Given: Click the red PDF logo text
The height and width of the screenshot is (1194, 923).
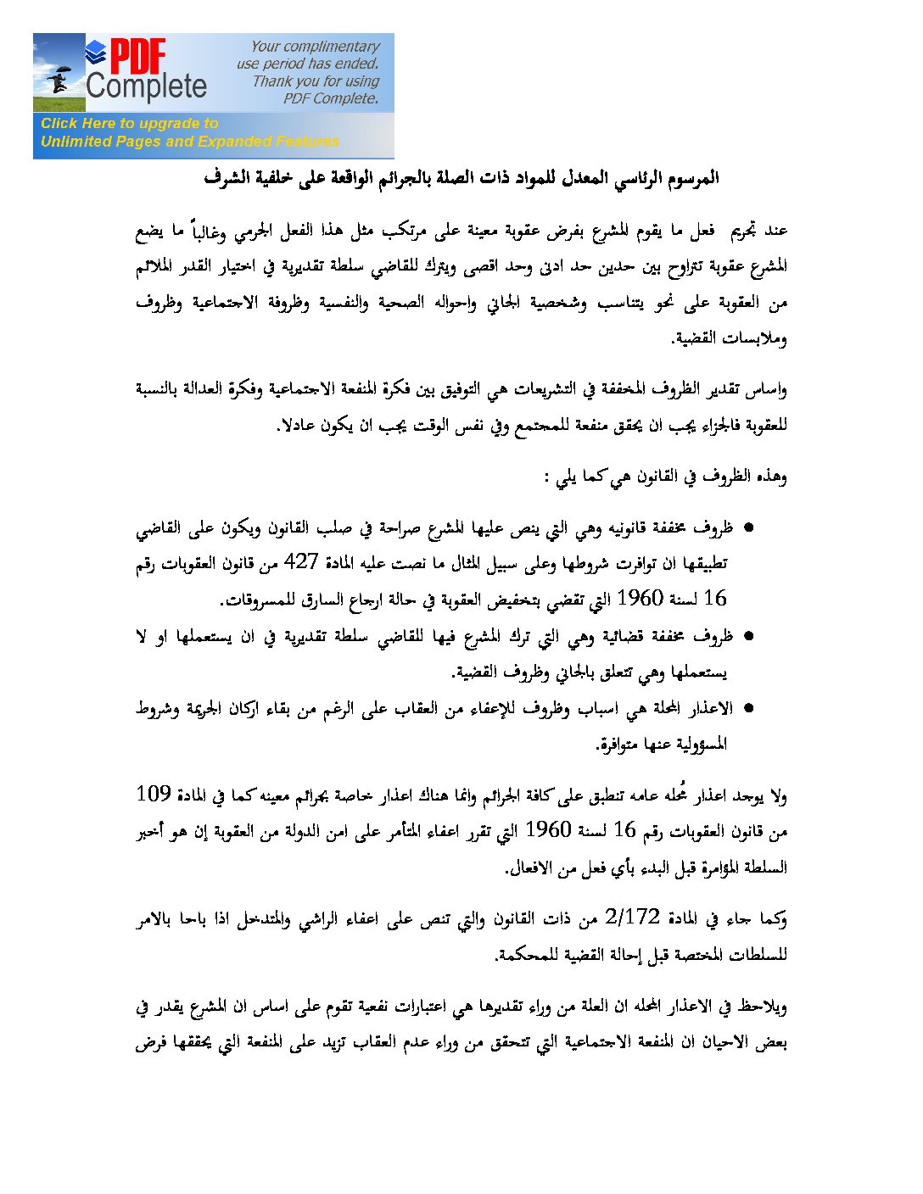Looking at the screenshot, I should point(137,56).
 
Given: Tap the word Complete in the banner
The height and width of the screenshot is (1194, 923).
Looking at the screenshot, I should point(146,86).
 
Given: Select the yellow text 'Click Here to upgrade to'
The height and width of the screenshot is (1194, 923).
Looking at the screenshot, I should point(129,123).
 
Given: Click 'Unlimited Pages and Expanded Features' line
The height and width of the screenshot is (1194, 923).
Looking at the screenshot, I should point(189,142).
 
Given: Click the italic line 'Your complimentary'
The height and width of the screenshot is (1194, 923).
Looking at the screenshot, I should point(315,47).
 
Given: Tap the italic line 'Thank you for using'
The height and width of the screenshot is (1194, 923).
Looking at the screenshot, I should point(316,81).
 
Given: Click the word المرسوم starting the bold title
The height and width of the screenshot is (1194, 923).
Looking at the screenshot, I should point(692,178).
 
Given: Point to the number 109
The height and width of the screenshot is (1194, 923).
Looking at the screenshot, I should point(154,794).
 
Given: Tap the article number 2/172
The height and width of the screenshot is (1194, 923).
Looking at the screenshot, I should point(633,917).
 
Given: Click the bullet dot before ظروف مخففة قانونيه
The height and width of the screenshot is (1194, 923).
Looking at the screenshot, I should point(748,528).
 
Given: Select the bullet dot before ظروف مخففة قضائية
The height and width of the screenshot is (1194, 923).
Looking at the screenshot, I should point(748,636).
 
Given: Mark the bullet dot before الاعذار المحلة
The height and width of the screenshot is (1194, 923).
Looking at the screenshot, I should point(748,708).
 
